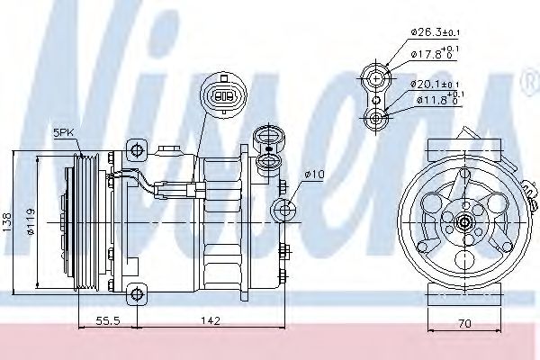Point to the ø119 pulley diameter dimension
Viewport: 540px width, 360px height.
pyautogui.click(x=32, y=220)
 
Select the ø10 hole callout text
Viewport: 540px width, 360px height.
pyautogui.click(x=314, y=173)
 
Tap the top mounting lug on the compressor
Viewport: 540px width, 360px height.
pyautogui.click(x=136, y=148)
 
